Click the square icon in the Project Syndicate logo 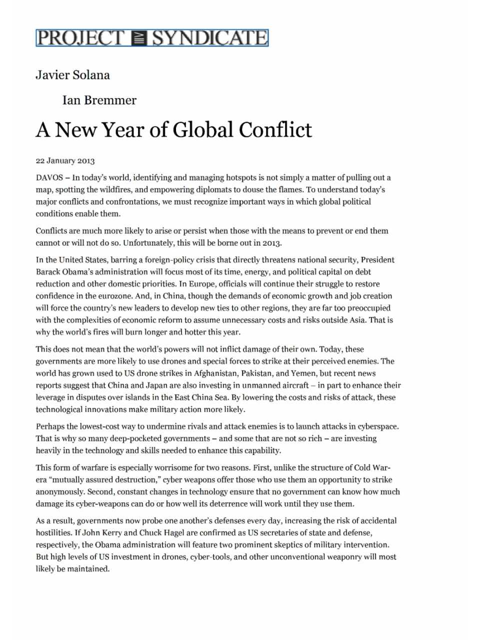point(138,38)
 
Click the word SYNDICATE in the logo point(209,38)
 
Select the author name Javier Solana point(72,75)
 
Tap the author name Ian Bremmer point(99,100)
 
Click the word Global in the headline point(202,130)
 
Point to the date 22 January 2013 point(65,161)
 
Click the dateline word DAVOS point(49,177)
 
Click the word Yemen point(304,373)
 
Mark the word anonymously point(59,492)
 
